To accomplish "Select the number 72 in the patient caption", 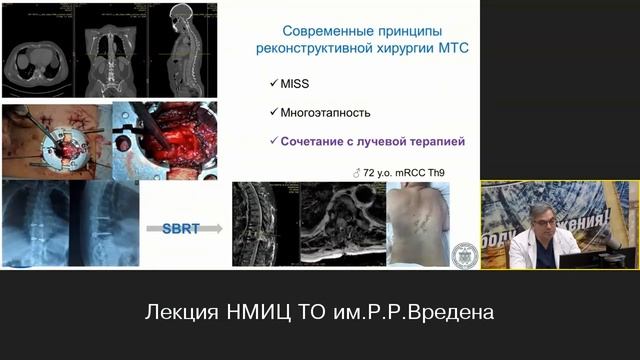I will tap(373, 172).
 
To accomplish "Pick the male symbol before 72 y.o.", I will tap(358, 172).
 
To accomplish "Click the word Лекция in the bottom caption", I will tap(186, 313).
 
